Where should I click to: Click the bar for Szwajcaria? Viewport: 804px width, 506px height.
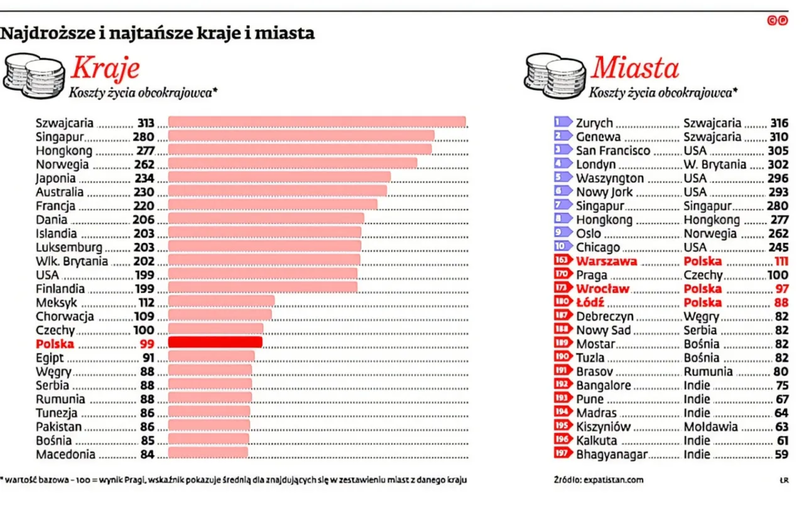(317, 122)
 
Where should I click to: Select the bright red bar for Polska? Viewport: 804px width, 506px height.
(215, 342)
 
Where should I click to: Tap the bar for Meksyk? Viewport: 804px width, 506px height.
(221, 301)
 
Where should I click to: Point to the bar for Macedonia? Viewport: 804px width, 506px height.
(208, 453)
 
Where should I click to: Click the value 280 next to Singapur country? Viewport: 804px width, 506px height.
(143, 136)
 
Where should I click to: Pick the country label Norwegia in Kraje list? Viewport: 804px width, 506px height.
(62, 164)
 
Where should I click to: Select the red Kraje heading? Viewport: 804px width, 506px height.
(105, 68)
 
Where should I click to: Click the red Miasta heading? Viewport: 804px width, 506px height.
(635, 68)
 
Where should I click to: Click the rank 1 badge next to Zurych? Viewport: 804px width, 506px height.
(563, 122)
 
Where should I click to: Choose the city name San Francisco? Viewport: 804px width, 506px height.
(613, 151)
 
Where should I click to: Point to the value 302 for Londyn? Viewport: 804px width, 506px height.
(778, 164)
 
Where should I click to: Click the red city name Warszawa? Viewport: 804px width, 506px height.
(606, 261)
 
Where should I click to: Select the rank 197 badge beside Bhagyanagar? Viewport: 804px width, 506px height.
(563, 454)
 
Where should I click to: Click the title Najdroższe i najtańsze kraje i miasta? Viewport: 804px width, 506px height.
(157, 33)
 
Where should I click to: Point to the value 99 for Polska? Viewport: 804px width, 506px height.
(146, 343)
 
